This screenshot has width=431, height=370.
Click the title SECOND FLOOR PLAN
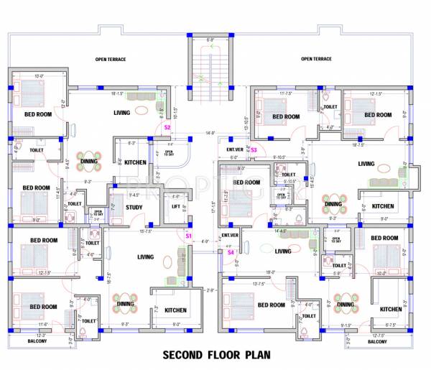tap(215, 354)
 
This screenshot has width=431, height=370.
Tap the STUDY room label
tap(134, 208)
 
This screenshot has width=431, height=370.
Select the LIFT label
tap(175, 207)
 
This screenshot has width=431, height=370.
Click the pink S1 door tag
tap(189, 236)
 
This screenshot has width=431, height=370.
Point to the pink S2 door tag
tap(167, 127)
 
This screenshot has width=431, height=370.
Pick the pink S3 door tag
tap(254, 149)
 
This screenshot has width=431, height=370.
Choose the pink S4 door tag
tap(231, 252)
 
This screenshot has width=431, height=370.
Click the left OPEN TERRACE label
tap(111, 59)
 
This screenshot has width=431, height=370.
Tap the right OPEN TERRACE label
tap(316, 59)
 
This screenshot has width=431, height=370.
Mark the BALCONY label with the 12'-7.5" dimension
tap(377, 341)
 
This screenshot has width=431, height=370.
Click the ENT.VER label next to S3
tap(236, 149)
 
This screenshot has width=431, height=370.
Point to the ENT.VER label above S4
tap(230, 235)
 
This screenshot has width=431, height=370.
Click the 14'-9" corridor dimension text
tap(210, 133)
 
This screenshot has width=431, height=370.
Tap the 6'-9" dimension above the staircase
tap(210, 39)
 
